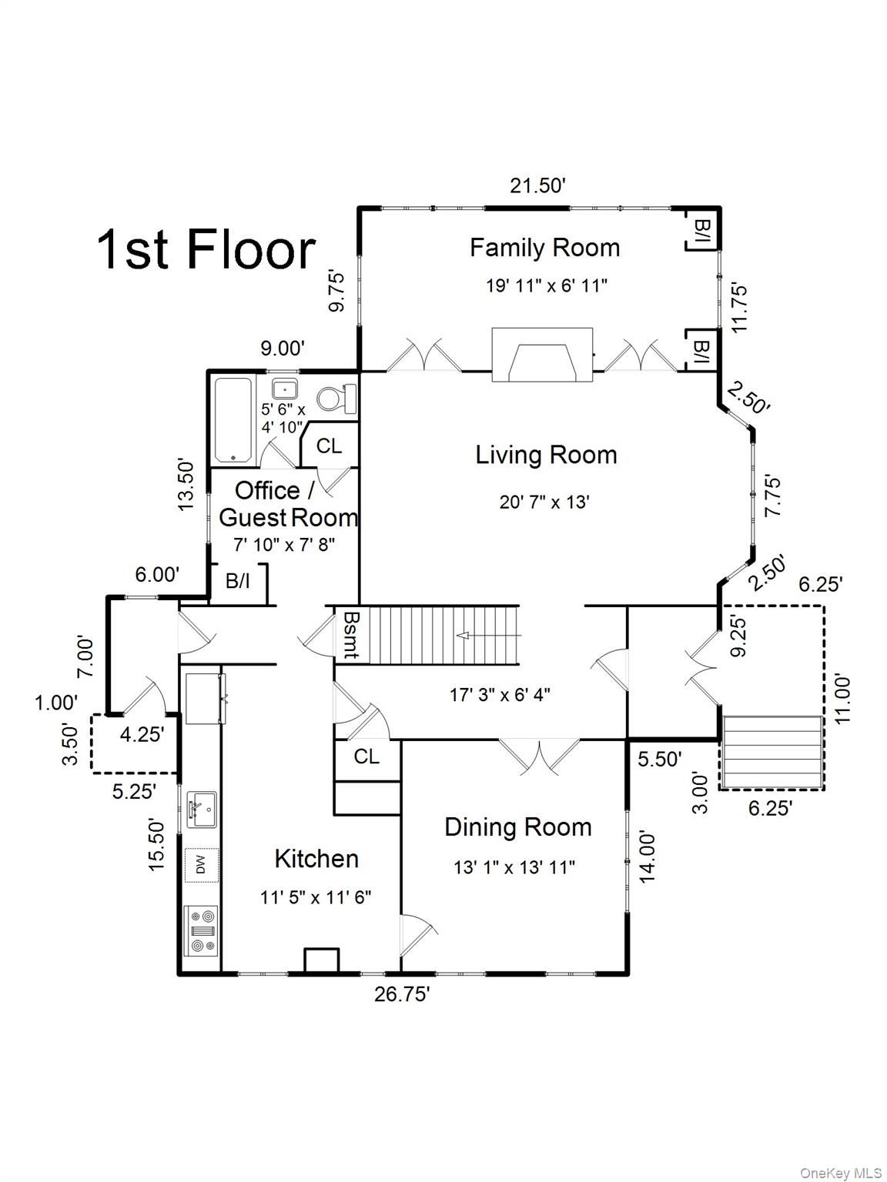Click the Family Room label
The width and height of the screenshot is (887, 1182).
pos(544,249)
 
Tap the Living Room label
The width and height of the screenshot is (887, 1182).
pos(546,456)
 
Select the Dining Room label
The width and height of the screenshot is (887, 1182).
pos(518,827)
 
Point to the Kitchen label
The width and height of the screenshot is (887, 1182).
pos(316,859)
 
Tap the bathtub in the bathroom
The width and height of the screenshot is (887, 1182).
pos(233,421)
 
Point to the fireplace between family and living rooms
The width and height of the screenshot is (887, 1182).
pos(542,354)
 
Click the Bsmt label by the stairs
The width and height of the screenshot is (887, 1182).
pos(350,635)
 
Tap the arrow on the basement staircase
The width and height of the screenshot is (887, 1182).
pos(488,636)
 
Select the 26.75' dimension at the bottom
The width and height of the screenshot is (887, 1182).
pos(402,994)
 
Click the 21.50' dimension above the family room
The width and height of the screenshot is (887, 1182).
pos(537,185)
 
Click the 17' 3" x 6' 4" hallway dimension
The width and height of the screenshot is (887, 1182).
pos(500,695)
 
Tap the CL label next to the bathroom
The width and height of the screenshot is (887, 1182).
pos(329,446)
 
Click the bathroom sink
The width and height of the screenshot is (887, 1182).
pos(285,389)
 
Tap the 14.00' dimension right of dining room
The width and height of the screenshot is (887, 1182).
pos(647,856)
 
